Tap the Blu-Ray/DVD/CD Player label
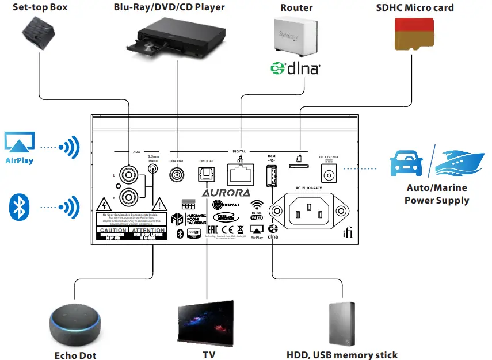[169, 7]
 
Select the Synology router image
[296, 37]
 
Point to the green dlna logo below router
[295, 69]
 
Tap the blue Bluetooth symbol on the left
[20, 206]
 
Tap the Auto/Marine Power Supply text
[436, 194]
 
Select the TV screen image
[205, 323]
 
